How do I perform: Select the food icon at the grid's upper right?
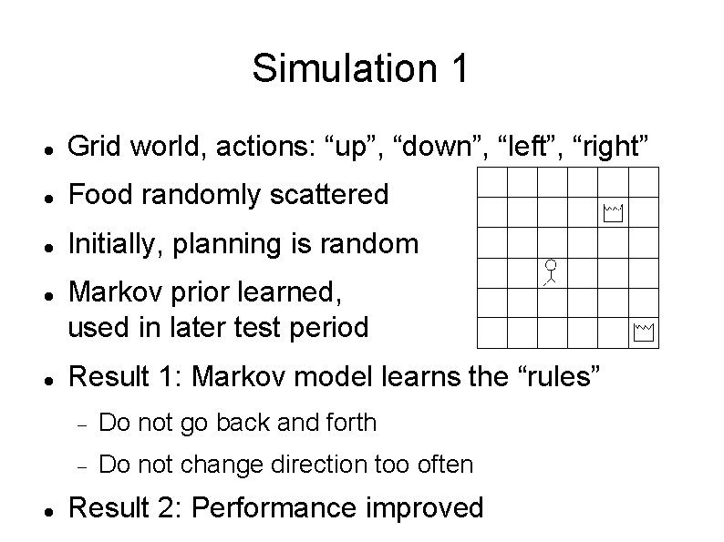pos(612,215)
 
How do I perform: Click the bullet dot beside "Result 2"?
pos(47,508)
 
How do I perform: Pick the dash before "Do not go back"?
pos(80,424)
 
